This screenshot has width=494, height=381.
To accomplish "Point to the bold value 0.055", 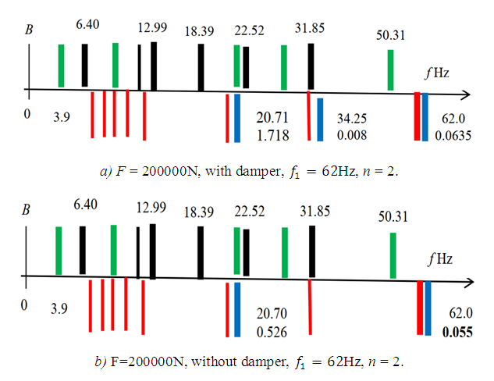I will pyautogui.click(x=458, y=331).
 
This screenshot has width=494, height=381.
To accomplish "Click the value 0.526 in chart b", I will pyautogui.click(x=273, y=331).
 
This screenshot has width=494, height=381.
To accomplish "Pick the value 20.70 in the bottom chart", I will pyautogui.click(x=273, y=314).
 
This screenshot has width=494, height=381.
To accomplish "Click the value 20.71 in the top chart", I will pyautogui.click(x=273, y=118).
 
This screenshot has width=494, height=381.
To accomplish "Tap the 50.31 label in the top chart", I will pyautogui.click(x=390, y=36).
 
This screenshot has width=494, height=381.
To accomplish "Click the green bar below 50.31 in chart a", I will pyautogui.click(x=391, y=70).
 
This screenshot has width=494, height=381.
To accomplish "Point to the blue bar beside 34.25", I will pyautogui.click(x=320, y=119).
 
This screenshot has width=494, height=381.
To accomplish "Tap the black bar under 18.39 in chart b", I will pyautogui.click(x=201, y=251).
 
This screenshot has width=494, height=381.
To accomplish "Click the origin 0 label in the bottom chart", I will pyautogui.click(x=27, y=304).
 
